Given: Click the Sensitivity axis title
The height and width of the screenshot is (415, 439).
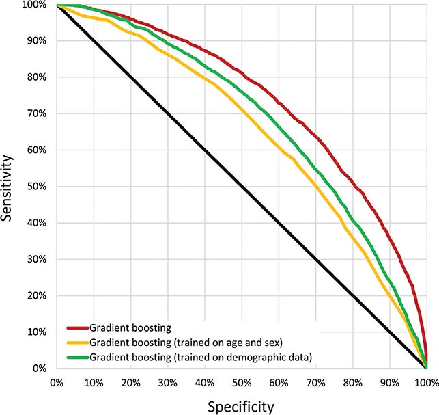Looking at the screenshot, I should (x=13, y=186).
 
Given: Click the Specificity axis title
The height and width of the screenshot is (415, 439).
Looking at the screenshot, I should (x=240, y=406).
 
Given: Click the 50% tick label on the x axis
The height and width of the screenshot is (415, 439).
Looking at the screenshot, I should (x=241, y=381).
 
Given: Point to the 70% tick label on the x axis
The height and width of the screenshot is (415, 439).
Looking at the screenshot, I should (x=315, y=381).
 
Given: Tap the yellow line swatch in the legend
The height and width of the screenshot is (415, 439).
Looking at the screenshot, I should (x=77, y=342).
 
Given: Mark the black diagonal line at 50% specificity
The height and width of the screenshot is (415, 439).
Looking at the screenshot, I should (x=241, y=187).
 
